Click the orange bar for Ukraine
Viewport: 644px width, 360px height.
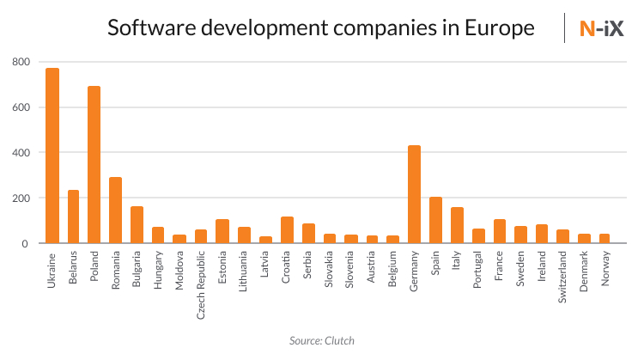pos(52,156)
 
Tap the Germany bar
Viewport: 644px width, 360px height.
pos(414,194)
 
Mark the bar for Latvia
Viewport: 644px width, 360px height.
pos(266,240)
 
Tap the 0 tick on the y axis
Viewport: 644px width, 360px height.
pos(26,244)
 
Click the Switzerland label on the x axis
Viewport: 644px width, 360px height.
pos(562,279)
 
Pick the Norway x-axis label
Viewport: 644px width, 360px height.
pos(605,269)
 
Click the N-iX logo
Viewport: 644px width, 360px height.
pos(601,28)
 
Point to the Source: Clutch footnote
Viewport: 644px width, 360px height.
pos(322,341)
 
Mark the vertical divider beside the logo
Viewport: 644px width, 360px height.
pos(564,28)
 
